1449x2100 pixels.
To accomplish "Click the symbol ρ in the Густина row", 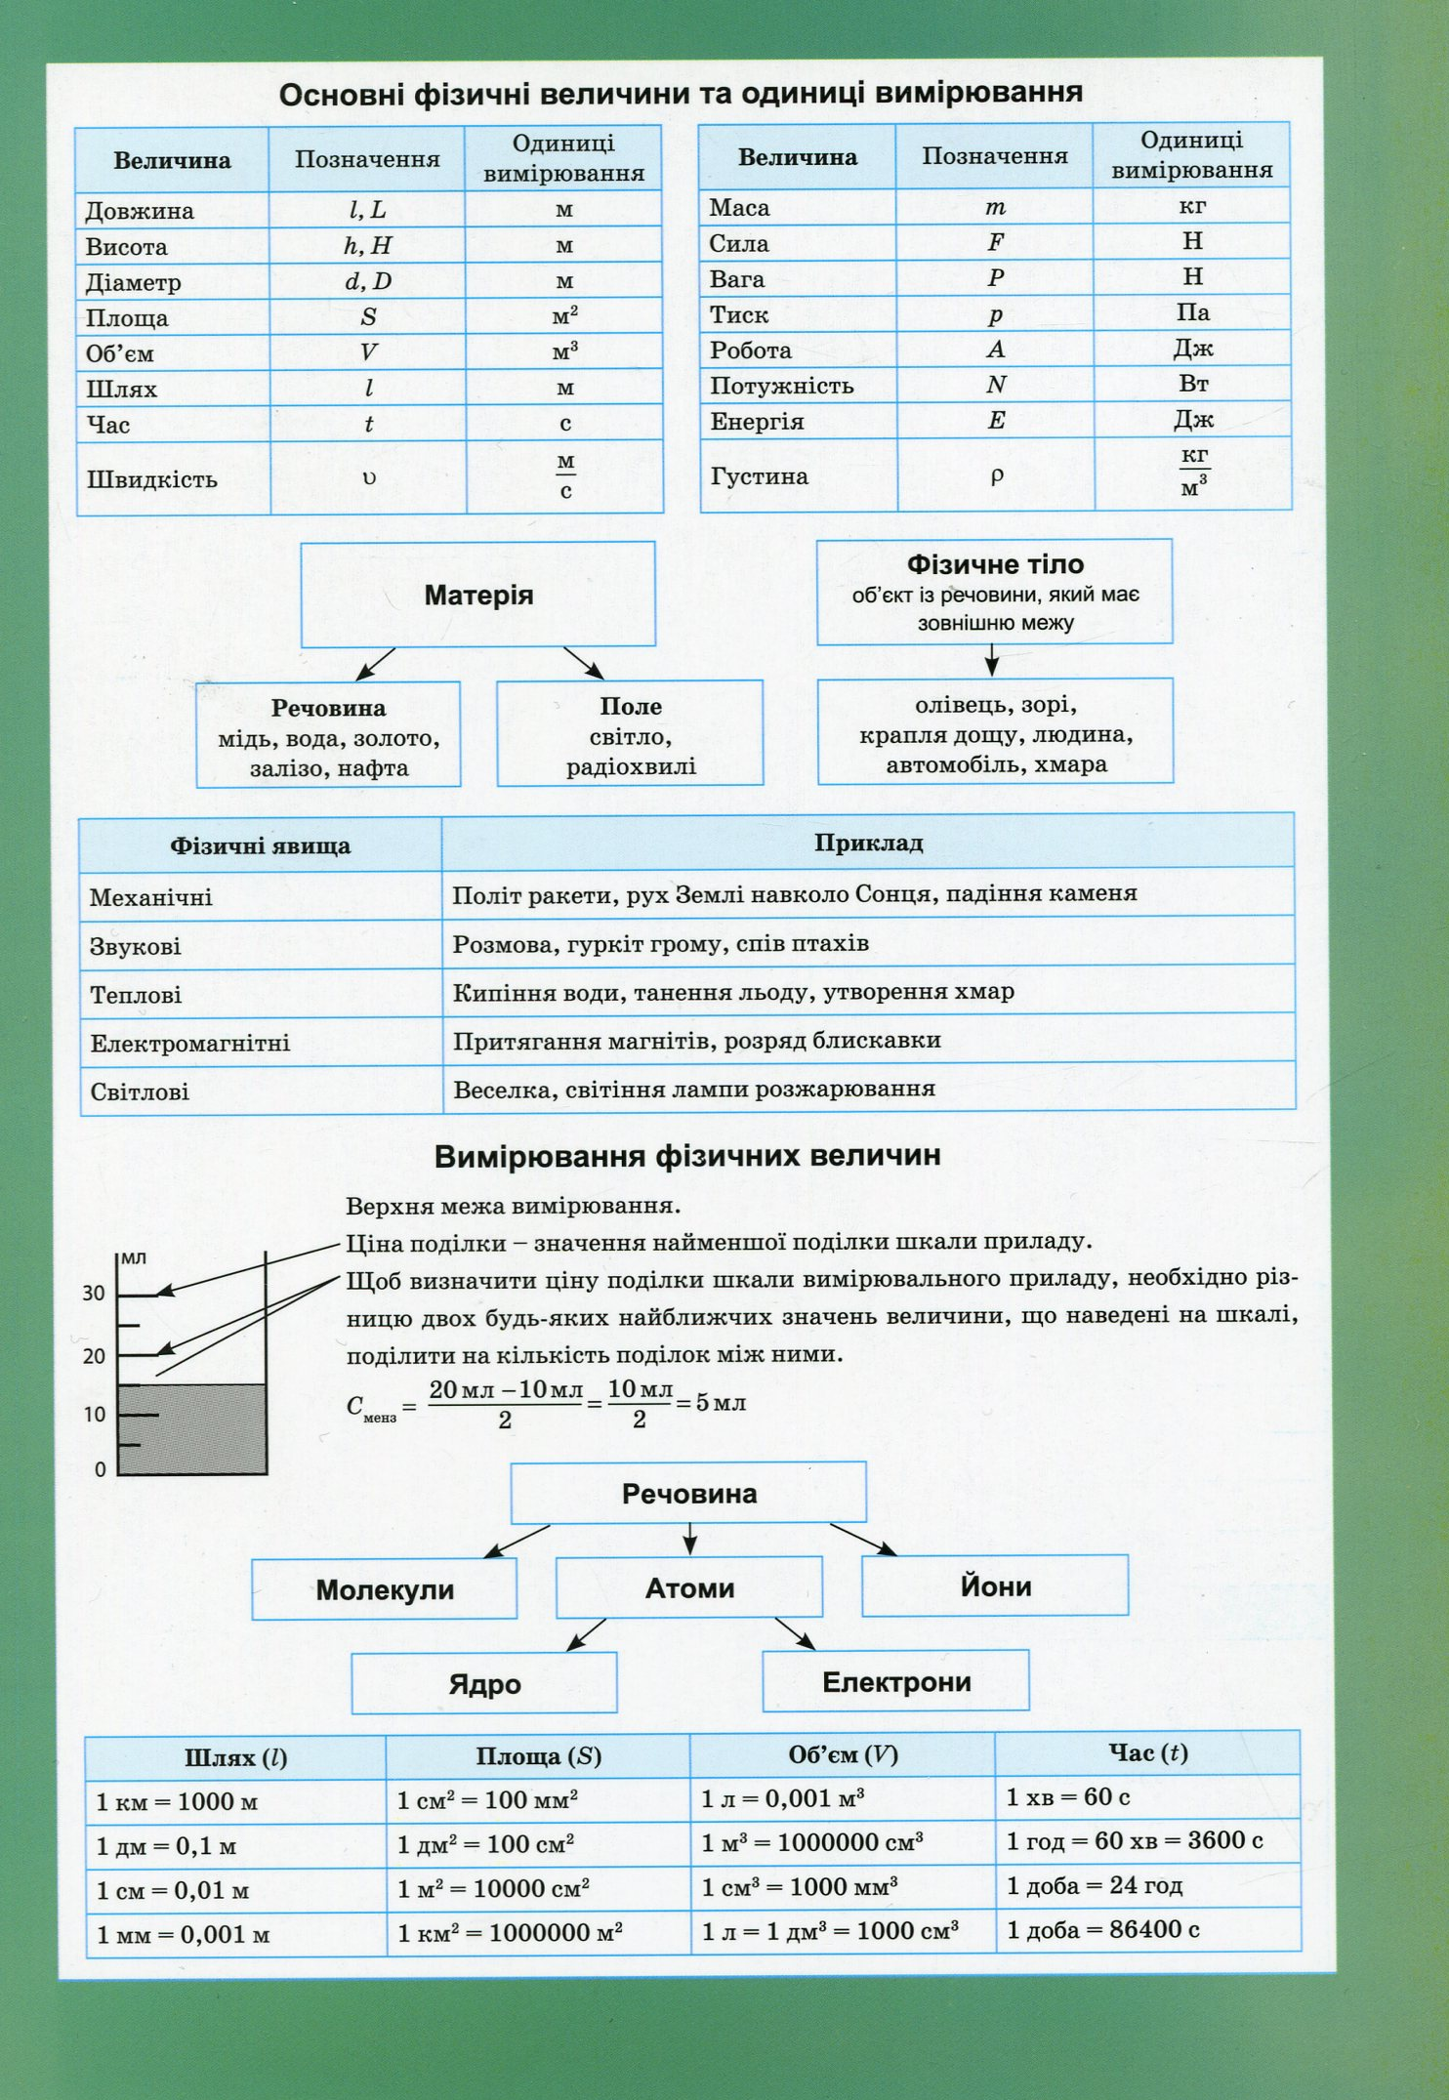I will click(x=996, y=475).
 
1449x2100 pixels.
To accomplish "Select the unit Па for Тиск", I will click(x=1192, y=312).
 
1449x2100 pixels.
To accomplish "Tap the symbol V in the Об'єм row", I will click(x=368, y=352).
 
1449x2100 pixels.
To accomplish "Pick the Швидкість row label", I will click(x=152, y=479).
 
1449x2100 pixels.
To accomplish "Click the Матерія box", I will click(x=478, y=595).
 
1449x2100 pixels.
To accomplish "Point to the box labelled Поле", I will click(x=630, y=733).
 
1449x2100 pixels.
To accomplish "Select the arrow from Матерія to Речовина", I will click(x=375, y=664).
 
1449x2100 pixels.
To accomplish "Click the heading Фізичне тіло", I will click(x=995, y=564).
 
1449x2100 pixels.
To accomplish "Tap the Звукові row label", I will click(x=136, y=946).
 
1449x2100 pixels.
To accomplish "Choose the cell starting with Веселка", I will click(x=694, y=1089).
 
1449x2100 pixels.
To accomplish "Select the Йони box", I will click(x=995, y=1585).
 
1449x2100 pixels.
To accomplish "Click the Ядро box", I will click(x=484, y=1683).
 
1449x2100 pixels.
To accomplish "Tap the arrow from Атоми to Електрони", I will click(x=795, y=1633).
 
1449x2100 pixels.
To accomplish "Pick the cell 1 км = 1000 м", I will click(x=177, y=1801).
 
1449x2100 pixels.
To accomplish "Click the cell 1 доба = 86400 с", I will click(x=1103, y=1929).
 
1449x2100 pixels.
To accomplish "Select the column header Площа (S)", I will click(x=538, y=1756).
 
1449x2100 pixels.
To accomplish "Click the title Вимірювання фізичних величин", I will click(x=687, y=1156).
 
